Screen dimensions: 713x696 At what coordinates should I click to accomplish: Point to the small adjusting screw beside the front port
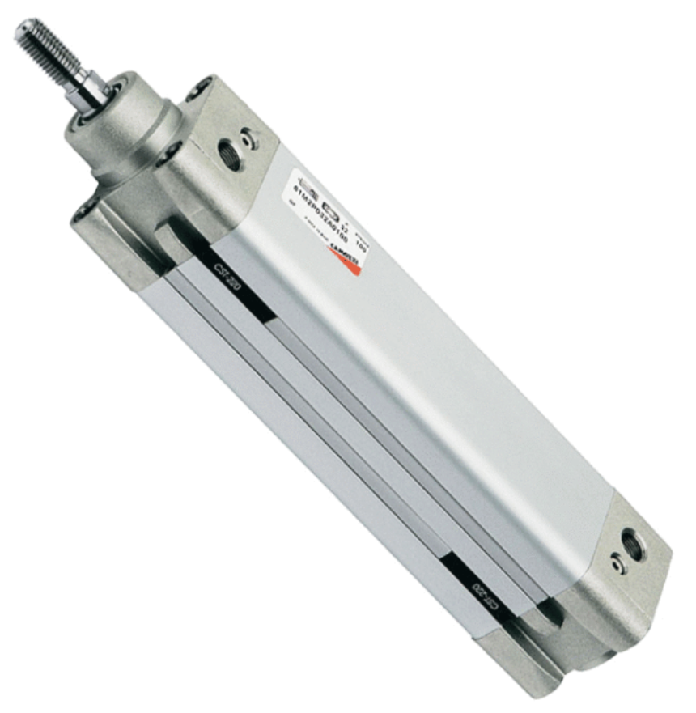(x=252, y=138)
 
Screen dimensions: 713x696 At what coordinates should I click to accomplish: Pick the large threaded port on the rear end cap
(x=632, y=544)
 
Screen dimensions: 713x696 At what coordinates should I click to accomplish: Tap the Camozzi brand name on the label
(x=346, y=251)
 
